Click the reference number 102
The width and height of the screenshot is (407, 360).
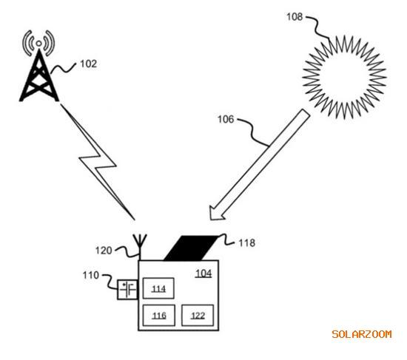[89, 64]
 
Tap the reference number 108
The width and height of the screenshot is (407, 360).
[295, 17]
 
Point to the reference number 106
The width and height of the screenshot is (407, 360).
[226, 119]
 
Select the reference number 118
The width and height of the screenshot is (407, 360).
[247, 243]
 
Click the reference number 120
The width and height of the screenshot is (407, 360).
[104, 251]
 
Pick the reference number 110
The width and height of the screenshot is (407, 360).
[91, 275]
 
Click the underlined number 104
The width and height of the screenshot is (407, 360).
[203, 274]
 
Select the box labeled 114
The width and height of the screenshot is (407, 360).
[158, 288]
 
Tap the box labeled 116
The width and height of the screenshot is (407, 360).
[159, 316]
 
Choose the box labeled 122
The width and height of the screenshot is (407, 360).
[198, 316]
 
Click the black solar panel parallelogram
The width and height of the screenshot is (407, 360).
[192, 248]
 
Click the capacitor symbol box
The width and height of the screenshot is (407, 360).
[127, 290]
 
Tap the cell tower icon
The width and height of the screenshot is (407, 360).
[39, 66]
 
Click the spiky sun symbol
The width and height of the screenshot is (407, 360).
[344, 78]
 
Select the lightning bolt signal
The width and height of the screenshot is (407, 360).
[98, 162]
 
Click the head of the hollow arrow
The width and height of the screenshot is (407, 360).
[217, 212]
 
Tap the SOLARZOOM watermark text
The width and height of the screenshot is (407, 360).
[362, 334]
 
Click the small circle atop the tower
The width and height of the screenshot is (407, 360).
[38, 44]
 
